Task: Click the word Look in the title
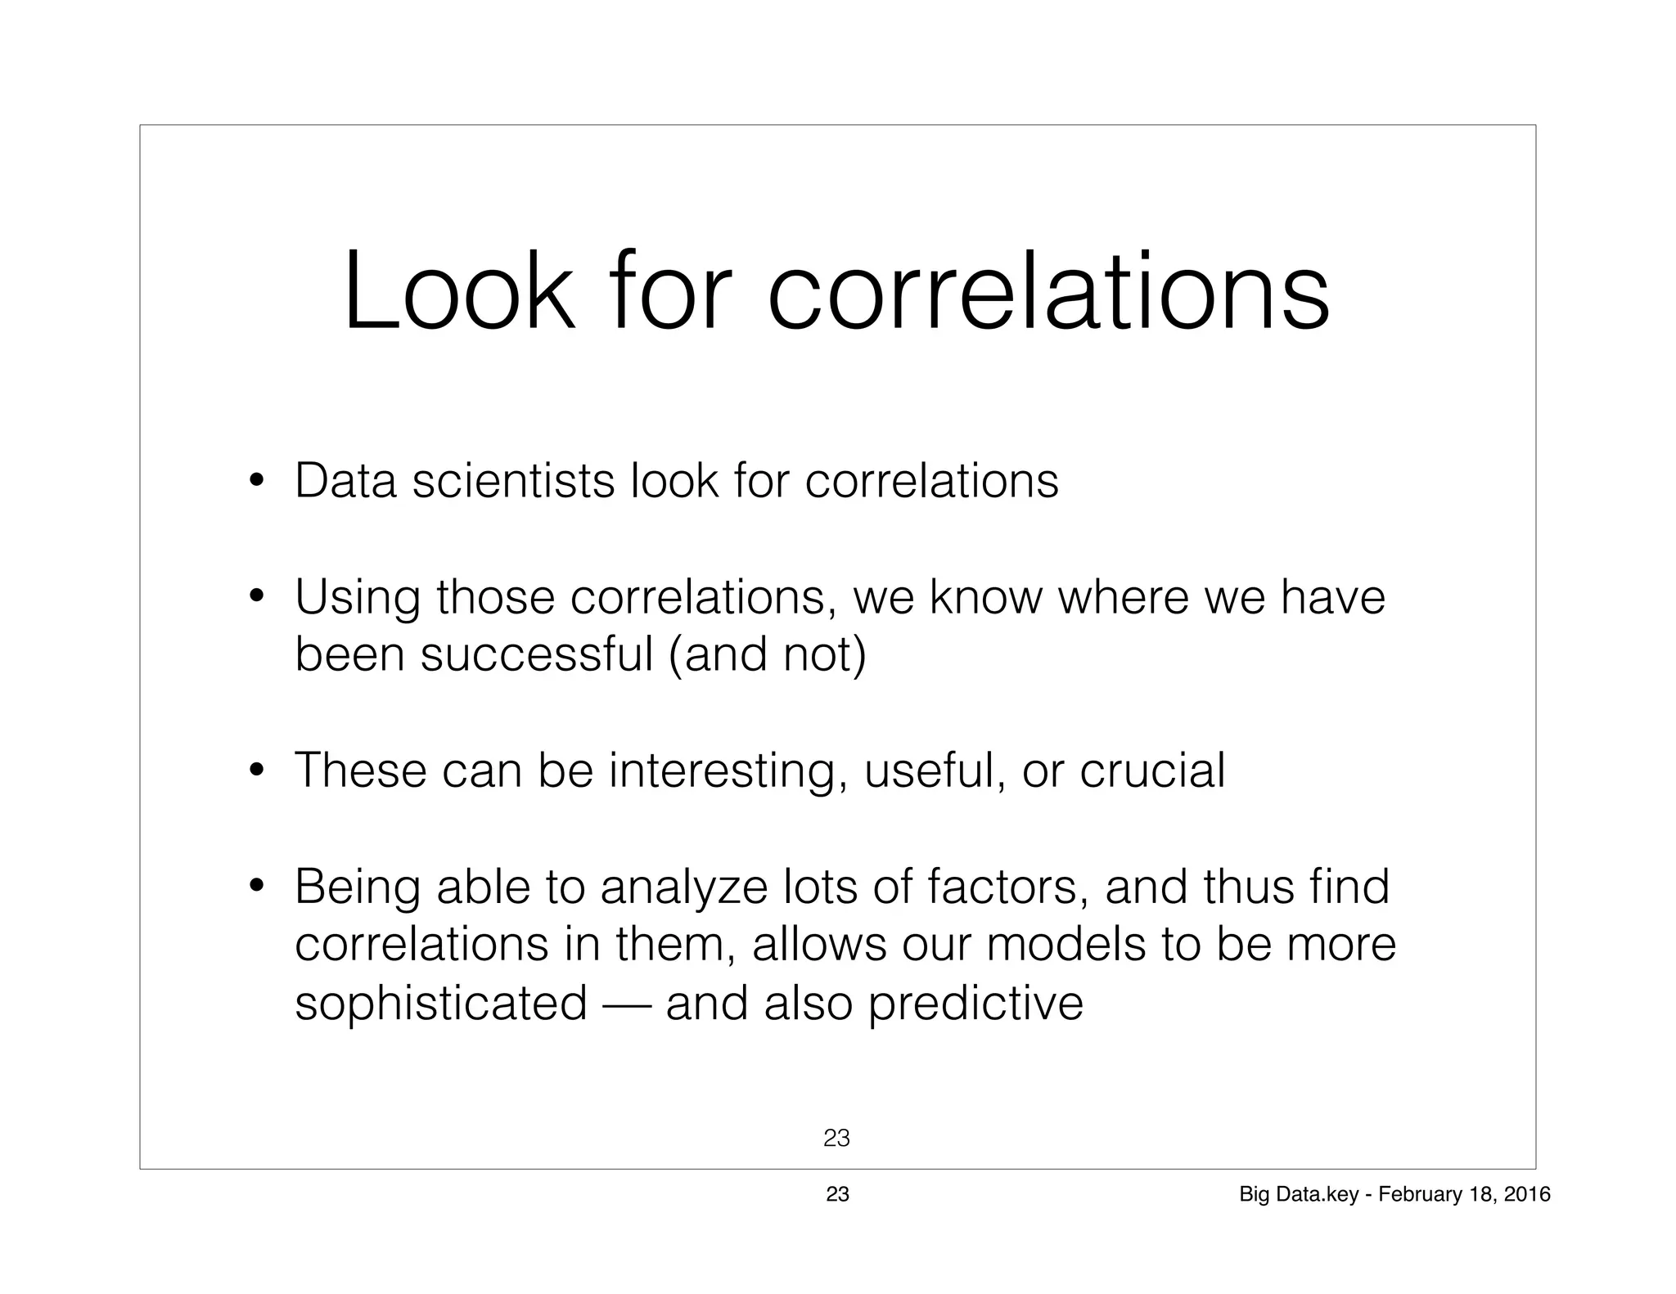click(458, 293)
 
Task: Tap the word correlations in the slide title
click(1048, 293)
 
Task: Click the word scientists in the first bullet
click(513, 480)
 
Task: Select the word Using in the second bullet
click(358, 598)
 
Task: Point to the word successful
click(537, 654)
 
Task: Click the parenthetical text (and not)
click(767, 656)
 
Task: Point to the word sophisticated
click(441, 1004)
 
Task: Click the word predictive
click(975, 1004)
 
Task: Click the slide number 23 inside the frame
click(836, 1138)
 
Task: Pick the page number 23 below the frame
click(837, 1194)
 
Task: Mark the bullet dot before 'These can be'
click(257, 771)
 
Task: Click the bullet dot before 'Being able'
click(257, 887)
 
